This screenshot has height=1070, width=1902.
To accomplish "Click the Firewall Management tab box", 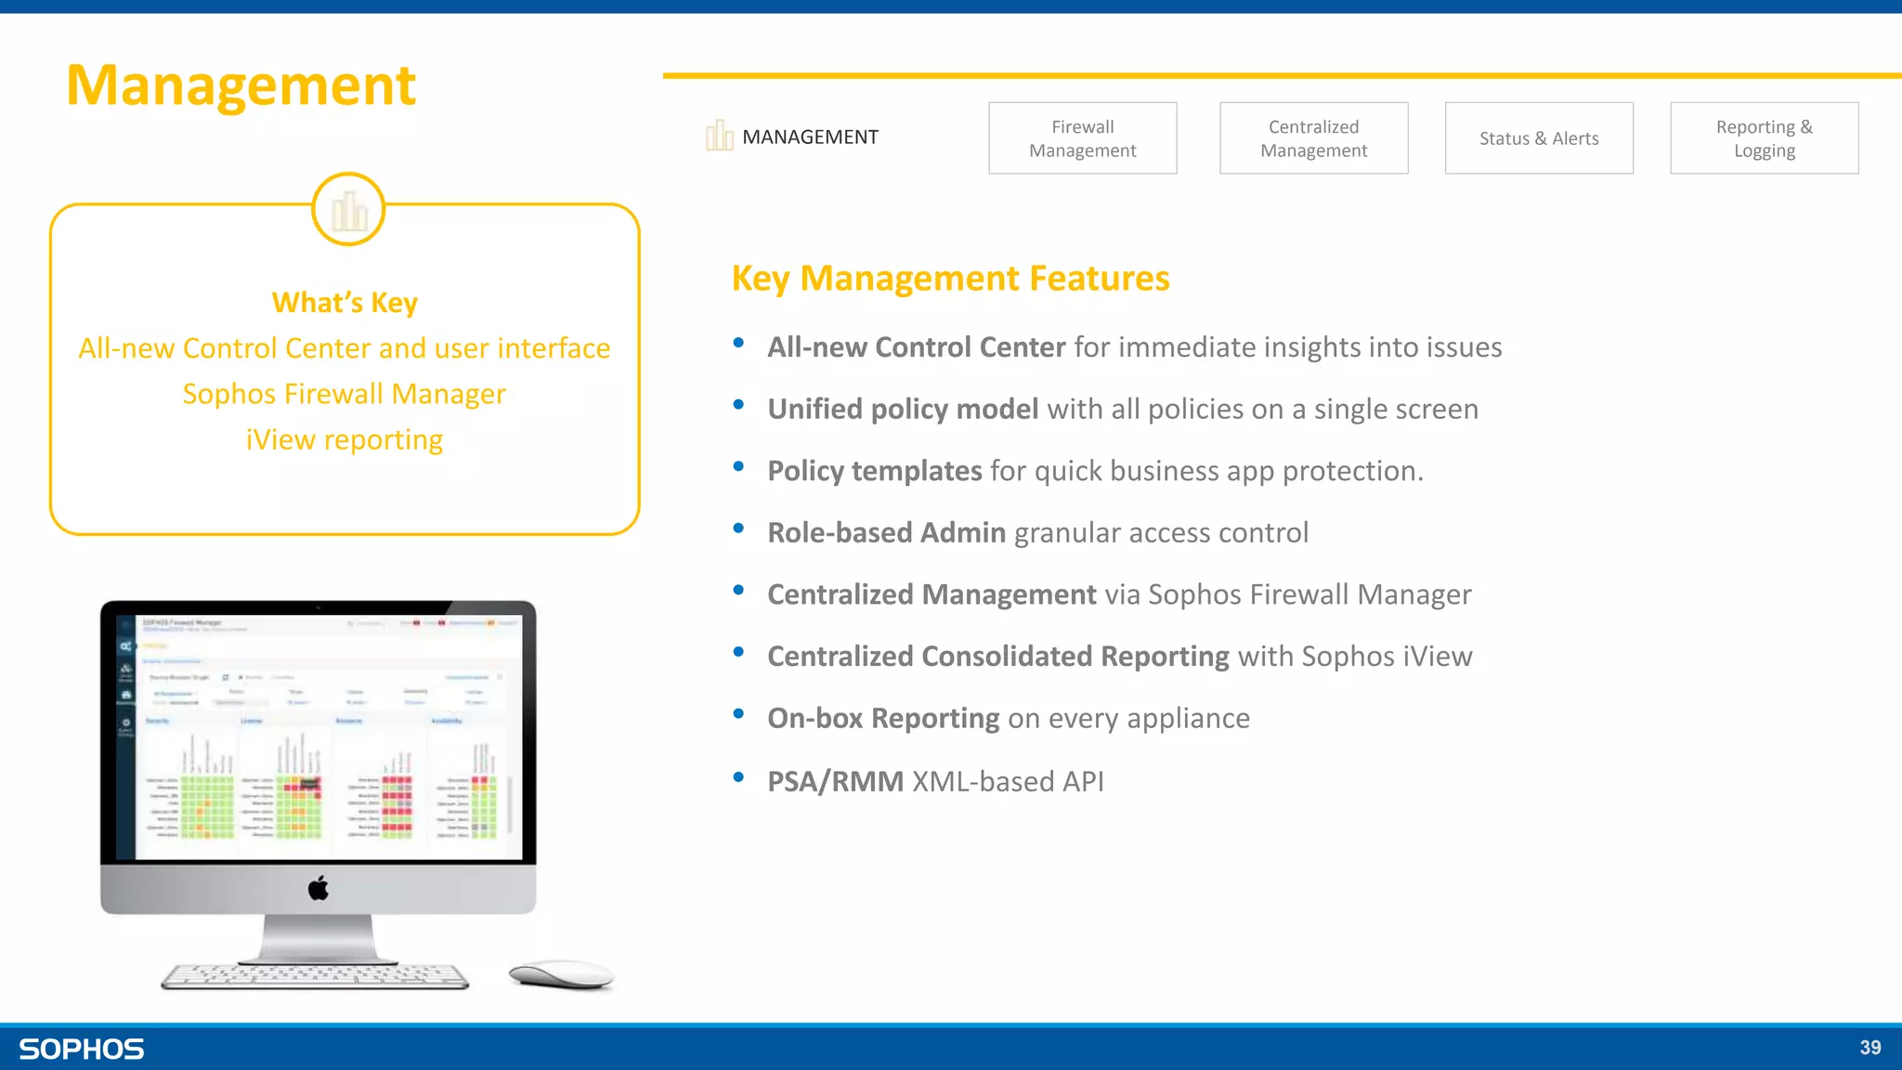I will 1082,138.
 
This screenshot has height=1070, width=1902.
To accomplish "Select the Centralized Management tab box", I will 1313,138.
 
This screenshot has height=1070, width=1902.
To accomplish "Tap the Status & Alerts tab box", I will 1538,138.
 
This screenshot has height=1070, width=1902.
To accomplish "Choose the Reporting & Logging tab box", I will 1764,138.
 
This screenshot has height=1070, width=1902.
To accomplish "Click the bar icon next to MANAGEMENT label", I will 719,136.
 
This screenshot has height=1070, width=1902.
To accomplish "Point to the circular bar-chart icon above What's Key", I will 348,210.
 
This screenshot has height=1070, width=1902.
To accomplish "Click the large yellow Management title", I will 241,85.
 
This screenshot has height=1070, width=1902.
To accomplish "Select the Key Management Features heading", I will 950,279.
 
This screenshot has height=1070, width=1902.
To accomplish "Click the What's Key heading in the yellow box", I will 345,303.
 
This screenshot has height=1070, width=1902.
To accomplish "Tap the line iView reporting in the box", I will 345,439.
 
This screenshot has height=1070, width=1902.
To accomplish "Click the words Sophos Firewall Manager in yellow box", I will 345,394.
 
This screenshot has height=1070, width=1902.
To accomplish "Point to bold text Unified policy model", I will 902,410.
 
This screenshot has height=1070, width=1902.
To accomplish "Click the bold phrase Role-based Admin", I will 886,533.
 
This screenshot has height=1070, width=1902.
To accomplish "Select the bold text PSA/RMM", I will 835,782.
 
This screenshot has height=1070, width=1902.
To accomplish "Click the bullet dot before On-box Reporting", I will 738,714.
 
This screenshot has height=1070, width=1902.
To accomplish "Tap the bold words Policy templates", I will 874,471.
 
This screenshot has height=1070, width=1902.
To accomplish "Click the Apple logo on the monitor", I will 319,889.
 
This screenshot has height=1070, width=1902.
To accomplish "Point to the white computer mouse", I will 561,974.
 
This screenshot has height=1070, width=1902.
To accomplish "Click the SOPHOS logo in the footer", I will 82,1050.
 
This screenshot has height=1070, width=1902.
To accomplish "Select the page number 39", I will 1869,1048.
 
